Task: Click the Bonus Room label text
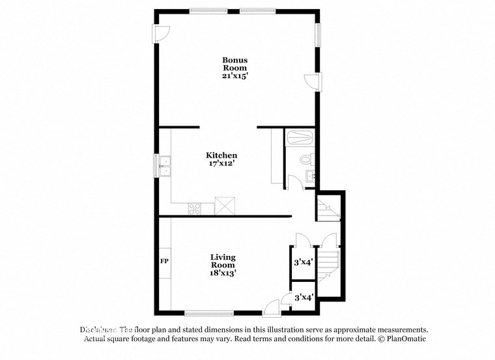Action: click(x=235, y=64)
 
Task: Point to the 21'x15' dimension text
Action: click(x=235, y=76)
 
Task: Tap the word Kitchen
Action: click(x=221, y=155)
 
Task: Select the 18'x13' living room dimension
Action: click(x=223, y=273)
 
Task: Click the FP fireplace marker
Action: click(x=165, y=261)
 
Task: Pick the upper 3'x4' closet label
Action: click(x=304, y=262)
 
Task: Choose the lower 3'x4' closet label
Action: click(x=304, y=297)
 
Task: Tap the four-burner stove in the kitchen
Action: click(x=195, y=208)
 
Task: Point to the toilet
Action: click(x=307, y=159)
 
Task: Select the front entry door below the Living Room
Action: click(x=273, y=305)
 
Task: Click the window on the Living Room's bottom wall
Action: click(x=209, y=312)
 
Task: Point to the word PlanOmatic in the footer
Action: click(x=406, y=339)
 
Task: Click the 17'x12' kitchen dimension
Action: click(x=221, y=165)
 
